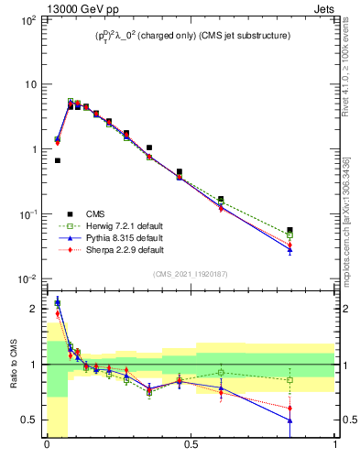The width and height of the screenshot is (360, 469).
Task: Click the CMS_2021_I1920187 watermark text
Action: [191, 273]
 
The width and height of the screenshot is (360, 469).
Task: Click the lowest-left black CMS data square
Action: [57, 160]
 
